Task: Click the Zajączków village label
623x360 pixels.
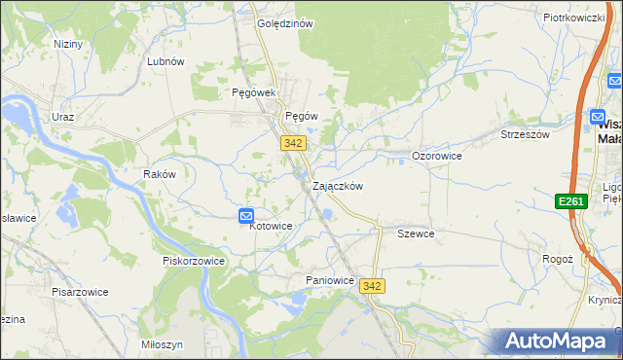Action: click(x=338, y=186)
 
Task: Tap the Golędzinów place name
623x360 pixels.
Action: click(x=284, y=24)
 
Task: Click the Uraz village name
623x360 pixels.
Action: click(x=63, y=117)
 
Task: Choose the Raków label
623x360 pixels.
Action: click(x=159, y=174)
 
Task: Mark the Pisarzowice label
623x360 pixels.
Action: click(x=80, y=291)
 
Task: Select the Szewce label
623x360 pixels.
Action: click(x=416, y=234)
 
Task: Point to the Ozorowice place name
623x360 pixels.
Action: click(x=436, y=156)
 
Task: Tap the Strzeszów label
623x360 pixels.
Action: click(x=525, y=135)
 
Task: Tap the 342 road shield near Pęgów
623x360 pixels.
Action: click(x=294, y=143)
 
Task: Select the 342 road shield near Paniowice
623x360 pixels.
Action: click(x=371, y=285)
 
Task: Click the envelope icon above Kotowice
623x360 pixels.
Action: click(x=246, y=216)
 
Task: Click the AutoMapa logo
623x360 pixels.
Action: click(x=558, y=341)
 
